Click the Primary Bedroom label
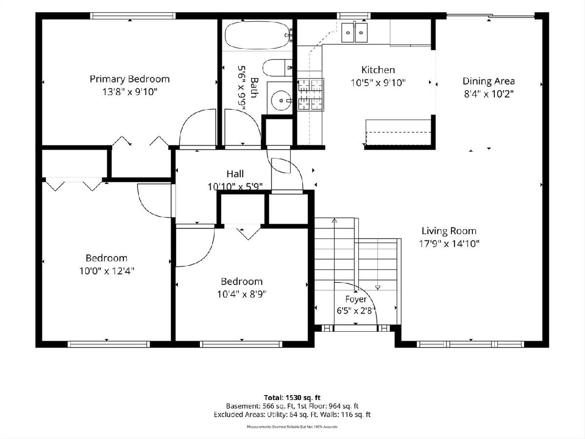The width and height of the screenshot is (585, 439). (130, 79)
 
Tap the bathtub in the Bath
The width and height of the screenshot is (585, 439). (257, 35)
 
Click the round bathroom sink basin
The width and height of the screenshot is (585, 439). (281, 100)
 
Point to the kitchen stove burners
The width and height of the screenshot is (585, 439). (311, 94)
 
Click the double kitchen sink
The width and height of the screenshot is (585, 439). (354, 33)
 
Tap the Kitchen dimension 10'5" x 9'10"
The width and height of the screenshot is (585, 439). (378, 83)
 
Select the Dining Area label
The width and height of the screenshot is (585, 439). (488, 81)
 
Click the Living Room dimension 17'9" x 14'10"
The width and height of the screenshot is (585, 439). (449, 243)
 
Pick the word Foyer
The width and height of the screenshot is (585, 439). (356, 299)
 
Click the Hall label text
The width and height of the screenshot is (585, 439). (235, 174)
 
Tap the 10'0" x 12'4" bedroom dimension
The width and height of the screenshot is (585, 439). (107, 271)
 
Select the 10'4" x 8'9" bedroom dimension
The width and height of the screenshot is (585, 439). (242, 294)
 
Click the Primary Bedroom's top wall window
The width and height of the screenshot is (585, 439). (133, 16)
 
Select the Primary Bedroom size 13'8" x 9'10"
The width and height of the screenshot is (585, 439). (130, 92)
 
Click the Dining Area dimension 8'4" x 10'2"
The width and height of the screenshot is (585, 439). (488, 94)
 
